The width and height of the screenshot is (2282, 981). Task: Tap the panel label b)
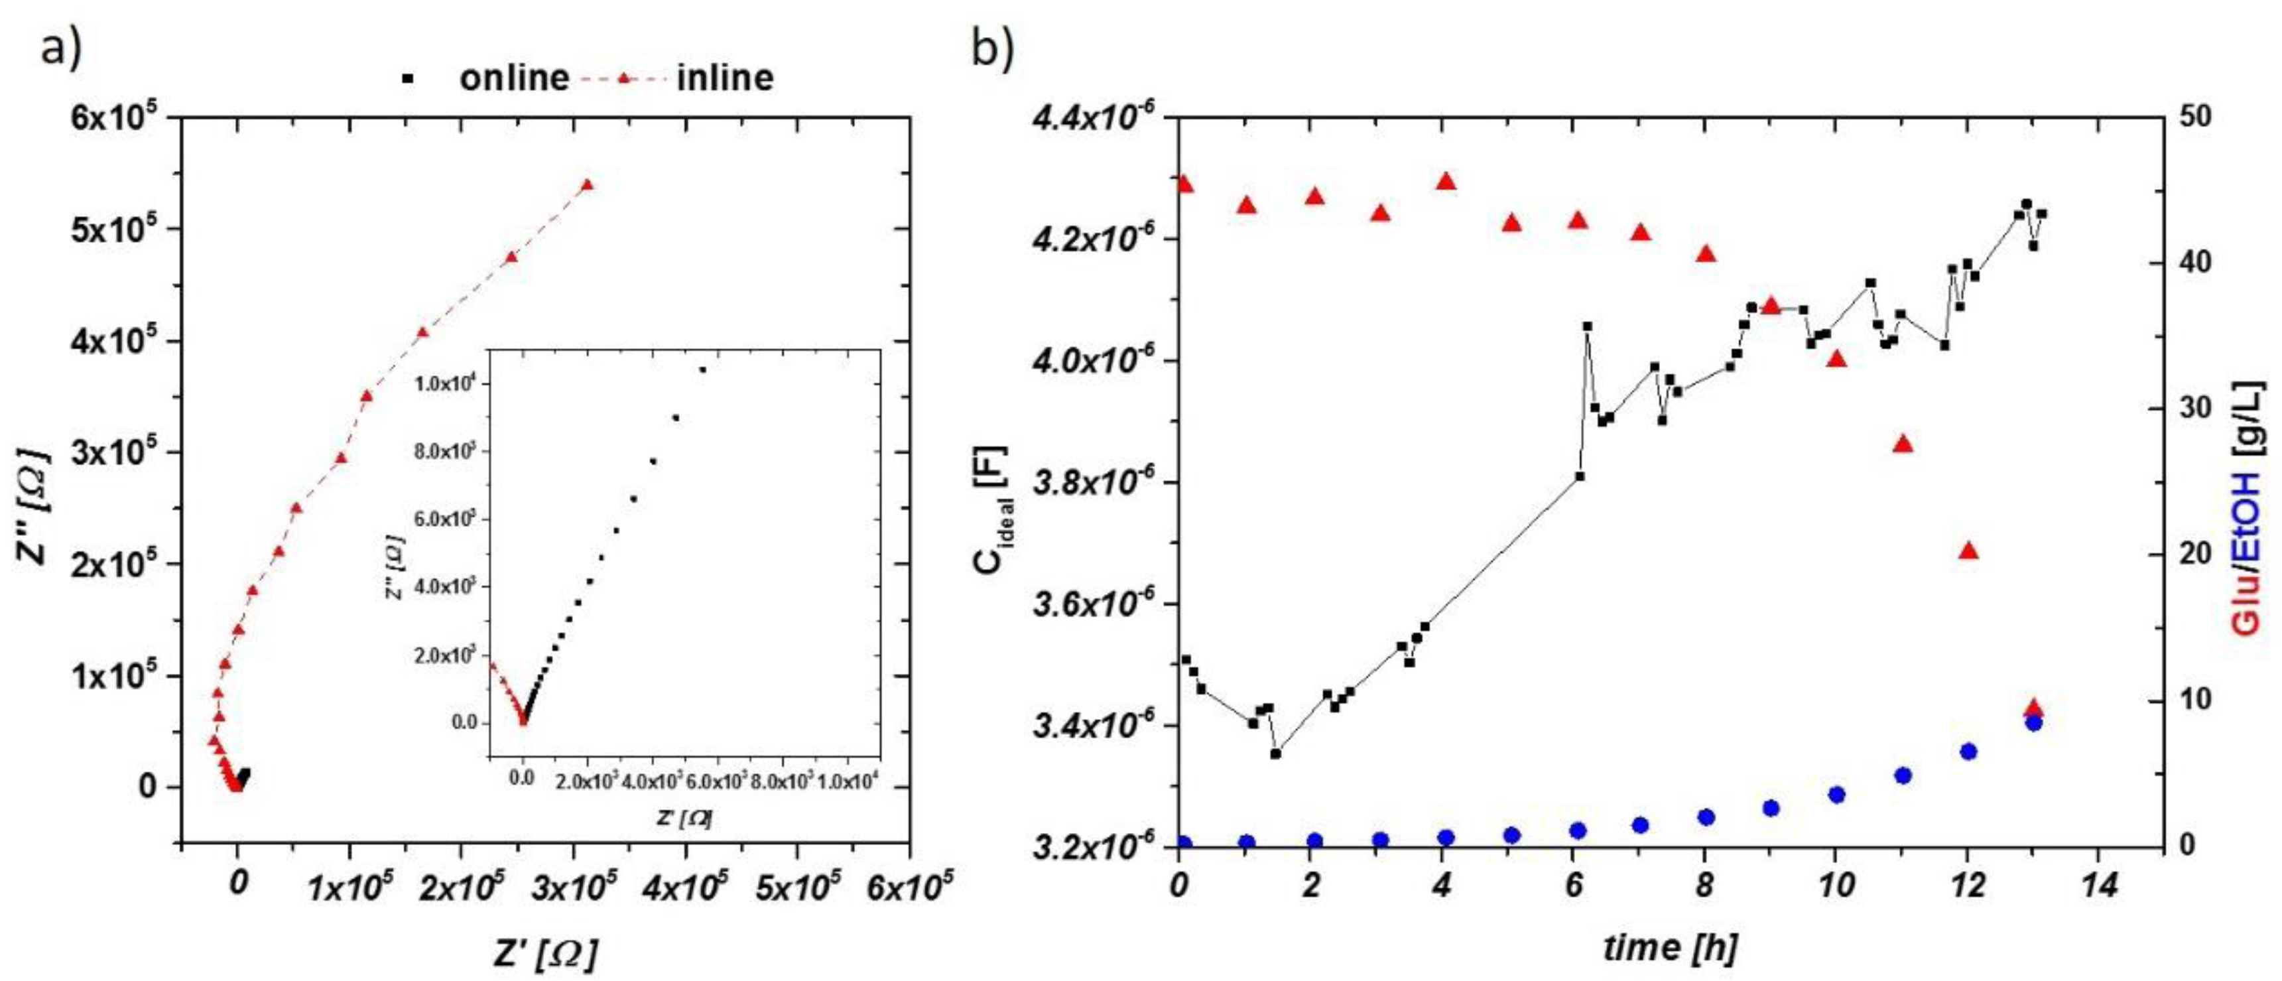point(993,48)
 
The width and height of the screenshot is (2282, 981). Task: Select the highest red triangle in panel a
point(586,185)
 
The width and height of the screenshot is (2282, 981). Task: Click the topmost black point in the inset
point(702,369)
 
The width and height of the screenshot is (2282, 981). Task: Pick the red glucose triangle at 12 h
point(1968,551)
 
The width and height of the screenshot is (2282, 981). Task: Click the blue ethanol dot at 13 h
point(2034,723)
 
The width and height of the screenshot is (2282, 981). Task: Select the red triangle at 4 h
point(1446,182)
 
